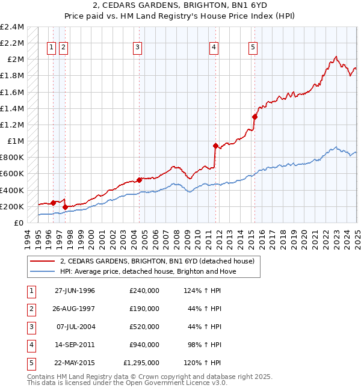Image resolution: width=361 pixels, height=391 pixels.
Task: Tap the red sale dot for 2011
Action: (x=215, y=146)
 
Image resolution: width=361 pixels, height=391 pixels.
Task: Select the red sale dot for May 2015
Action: (x=255, y=117)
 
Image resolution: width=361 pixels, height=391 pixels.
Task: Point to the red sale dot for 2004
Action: (x=139, y=180)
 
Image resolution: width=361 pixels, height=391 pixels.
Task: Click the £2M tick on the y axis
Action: (x=16, y=60)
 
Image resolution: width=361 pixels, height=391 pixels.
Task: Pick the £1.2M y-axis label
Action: (x=13, y=125)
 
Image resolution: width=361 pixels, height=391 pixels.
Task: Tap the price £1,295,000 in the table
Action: (x=140, y=363)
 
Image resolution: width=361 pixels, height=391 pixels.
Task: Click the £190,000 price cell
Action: (x=144, y=309)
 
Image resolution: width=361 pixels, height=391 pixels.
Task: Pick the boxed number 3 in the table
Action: (x=31, y=327)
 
